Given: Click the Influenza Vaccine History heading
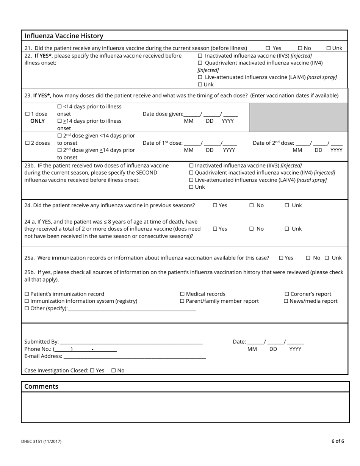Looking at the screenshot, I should click(64, 36).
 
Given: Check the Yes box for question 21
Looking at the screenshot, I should click(268, 48).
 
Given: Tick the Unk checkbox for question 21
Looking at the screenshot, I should click(329, 48).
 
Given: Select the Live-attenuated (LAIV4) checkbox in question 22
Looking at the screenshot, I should click(200, 77).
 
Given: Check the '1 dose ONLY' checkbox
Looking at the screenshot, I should click(27, 114).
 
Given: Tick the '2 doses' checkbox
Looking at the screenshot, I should click(27, 143).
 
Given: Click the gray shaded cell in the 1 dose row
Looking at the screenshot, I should click(298, 117).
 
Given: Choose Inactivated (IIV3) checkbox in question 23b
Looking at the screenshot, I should click(191, 166).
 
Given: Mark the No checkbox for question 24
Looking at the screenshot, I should click(251, 205).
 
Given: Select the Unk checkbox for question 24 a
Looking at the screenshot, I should click(287, 229).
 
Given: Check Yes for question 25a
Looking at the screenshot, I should click(281, 258).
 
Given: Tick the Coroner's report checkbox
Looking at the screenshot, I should click(287, 294).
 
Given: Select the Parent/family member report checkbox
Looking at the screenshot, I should click(182, 301).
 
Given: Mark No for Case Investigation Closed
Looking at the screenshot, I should click(114, 371).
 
